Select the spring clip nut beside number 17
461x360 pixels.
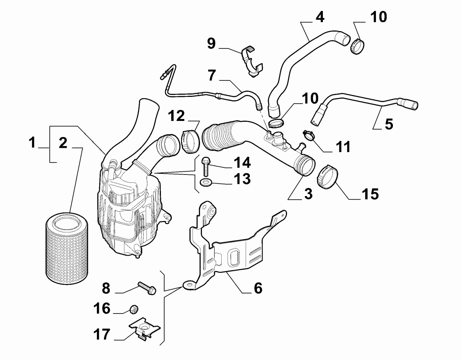point(145,328)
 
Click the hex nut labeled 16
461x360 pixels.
point(134,310)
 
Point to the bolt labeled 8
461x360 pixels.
point(146,288)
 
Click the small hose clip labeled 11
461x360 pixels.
point(309,135)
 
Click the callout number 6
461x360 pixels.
point(257,289)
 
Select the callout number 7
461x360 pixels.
point(212,75)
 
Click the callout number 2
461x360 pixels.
point(63,143)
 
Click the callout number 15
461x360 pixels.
point(370,193)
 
